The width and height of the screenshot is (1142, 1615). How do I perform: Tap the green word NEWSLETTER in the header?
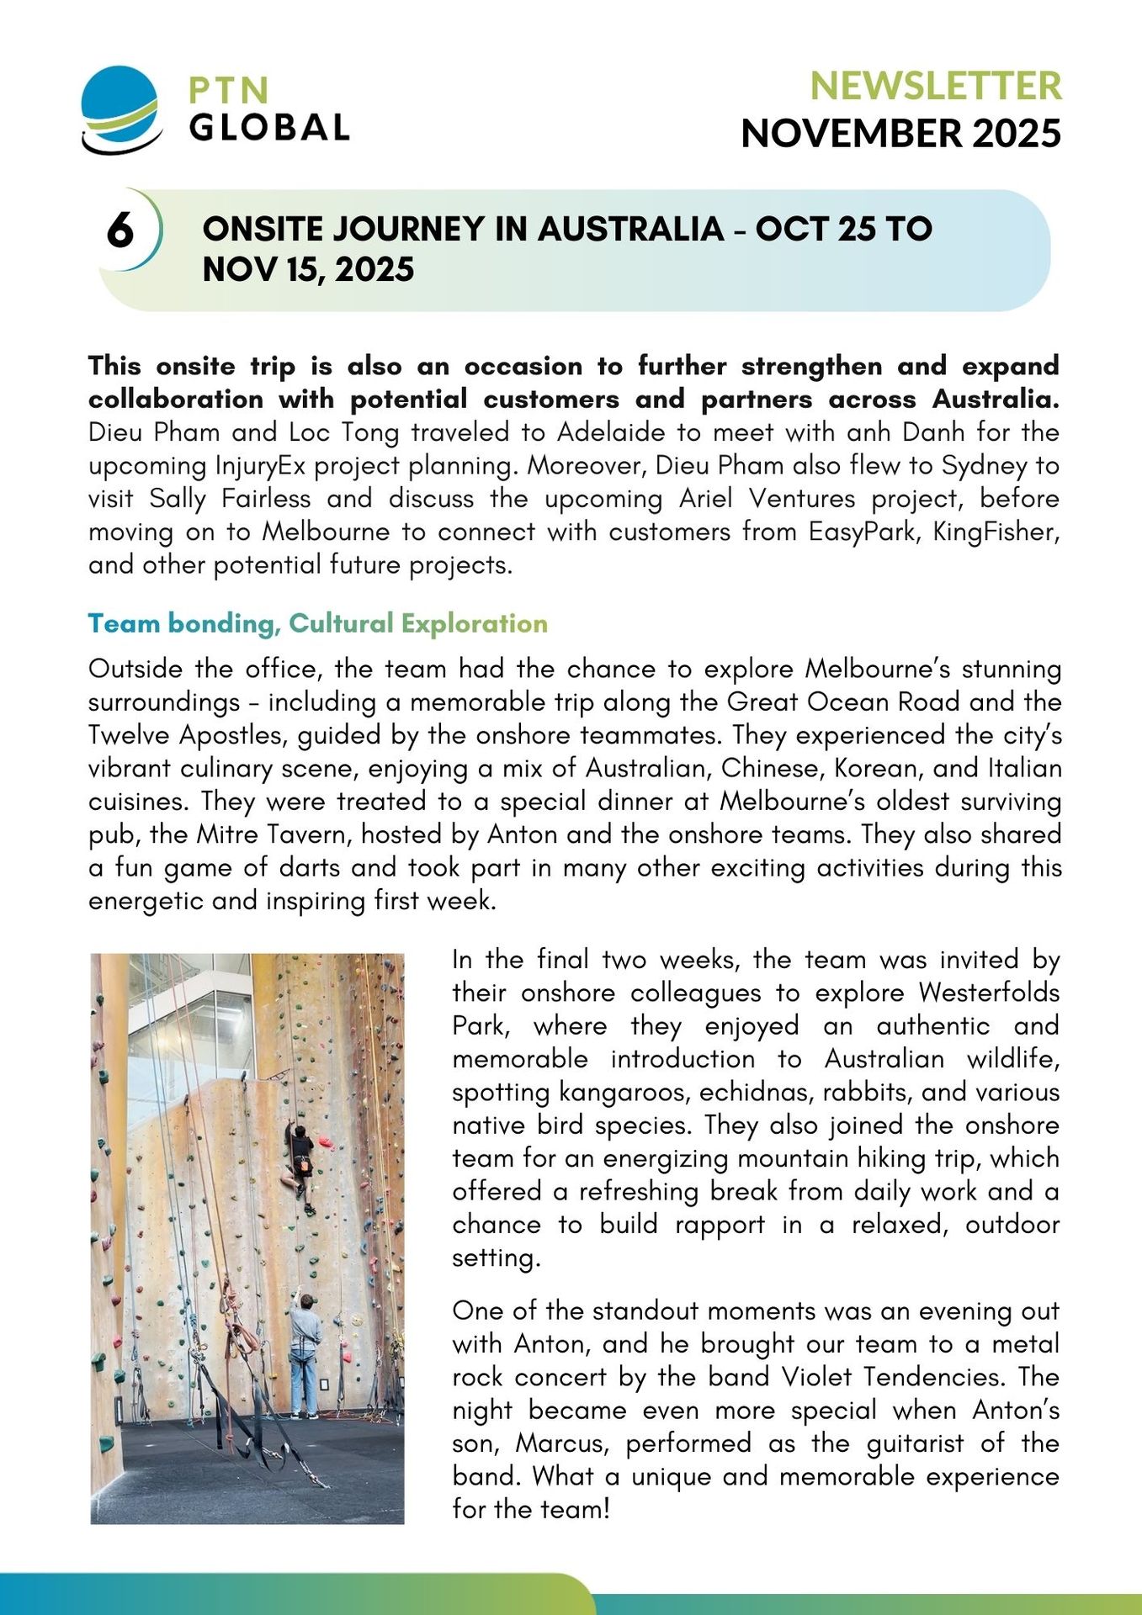point(935,86)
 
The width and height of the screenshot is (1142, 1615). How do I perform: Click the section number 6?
point(120,230)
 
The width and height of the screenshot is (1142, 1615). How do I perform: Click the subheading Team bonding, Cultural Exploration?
point(318,623)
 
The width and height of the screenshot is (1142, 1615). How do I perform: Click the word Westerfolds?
point(989,993)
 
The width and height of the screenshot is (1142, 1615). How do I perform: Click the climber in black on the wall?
point(299,1165)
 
